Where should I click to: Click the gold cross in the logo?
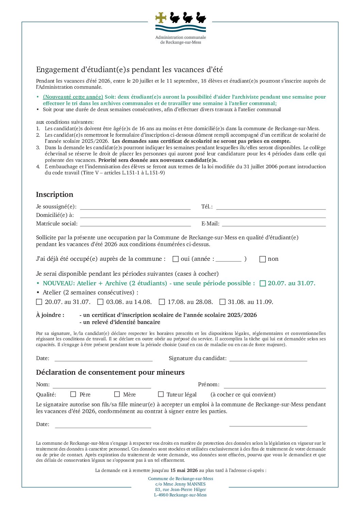tap(161, 17)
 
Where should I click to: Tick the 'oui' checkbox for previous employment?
tap(176, 259)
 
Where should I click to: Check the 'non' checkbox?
tap(262, 259)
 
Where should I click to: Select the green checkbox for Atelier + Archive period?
tap(262, 284)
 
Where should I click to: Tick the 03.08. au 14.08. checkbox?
tap(100, 302)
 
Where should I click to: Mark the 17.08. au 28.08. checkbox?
tap(162, 302)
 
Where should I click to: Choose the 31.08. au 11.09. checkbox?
tap(223, 302)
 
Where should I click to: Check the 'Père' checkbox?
tap(73, 394)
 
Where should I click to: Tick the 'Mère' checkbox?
tap(117, 394)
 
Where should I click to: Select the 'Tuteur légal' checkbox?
tap(161, 394)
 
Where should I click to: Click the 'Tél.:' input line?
tap(271, 208)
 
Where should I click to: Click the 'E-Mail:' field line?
tap(274, 224)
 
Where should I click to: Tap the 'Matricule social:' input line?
tap(135, 224)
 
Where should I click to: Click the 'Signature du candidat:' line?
tap(268, 359)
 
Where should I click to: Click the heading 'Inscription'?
tap(55, 194)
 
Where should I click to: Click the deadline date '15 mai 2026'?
tap(184, 471)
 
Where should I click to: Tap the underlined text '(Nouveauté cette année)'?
tap(73, 97)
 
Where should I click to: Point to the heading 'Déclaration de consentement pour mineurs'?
tap(110, 372)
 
